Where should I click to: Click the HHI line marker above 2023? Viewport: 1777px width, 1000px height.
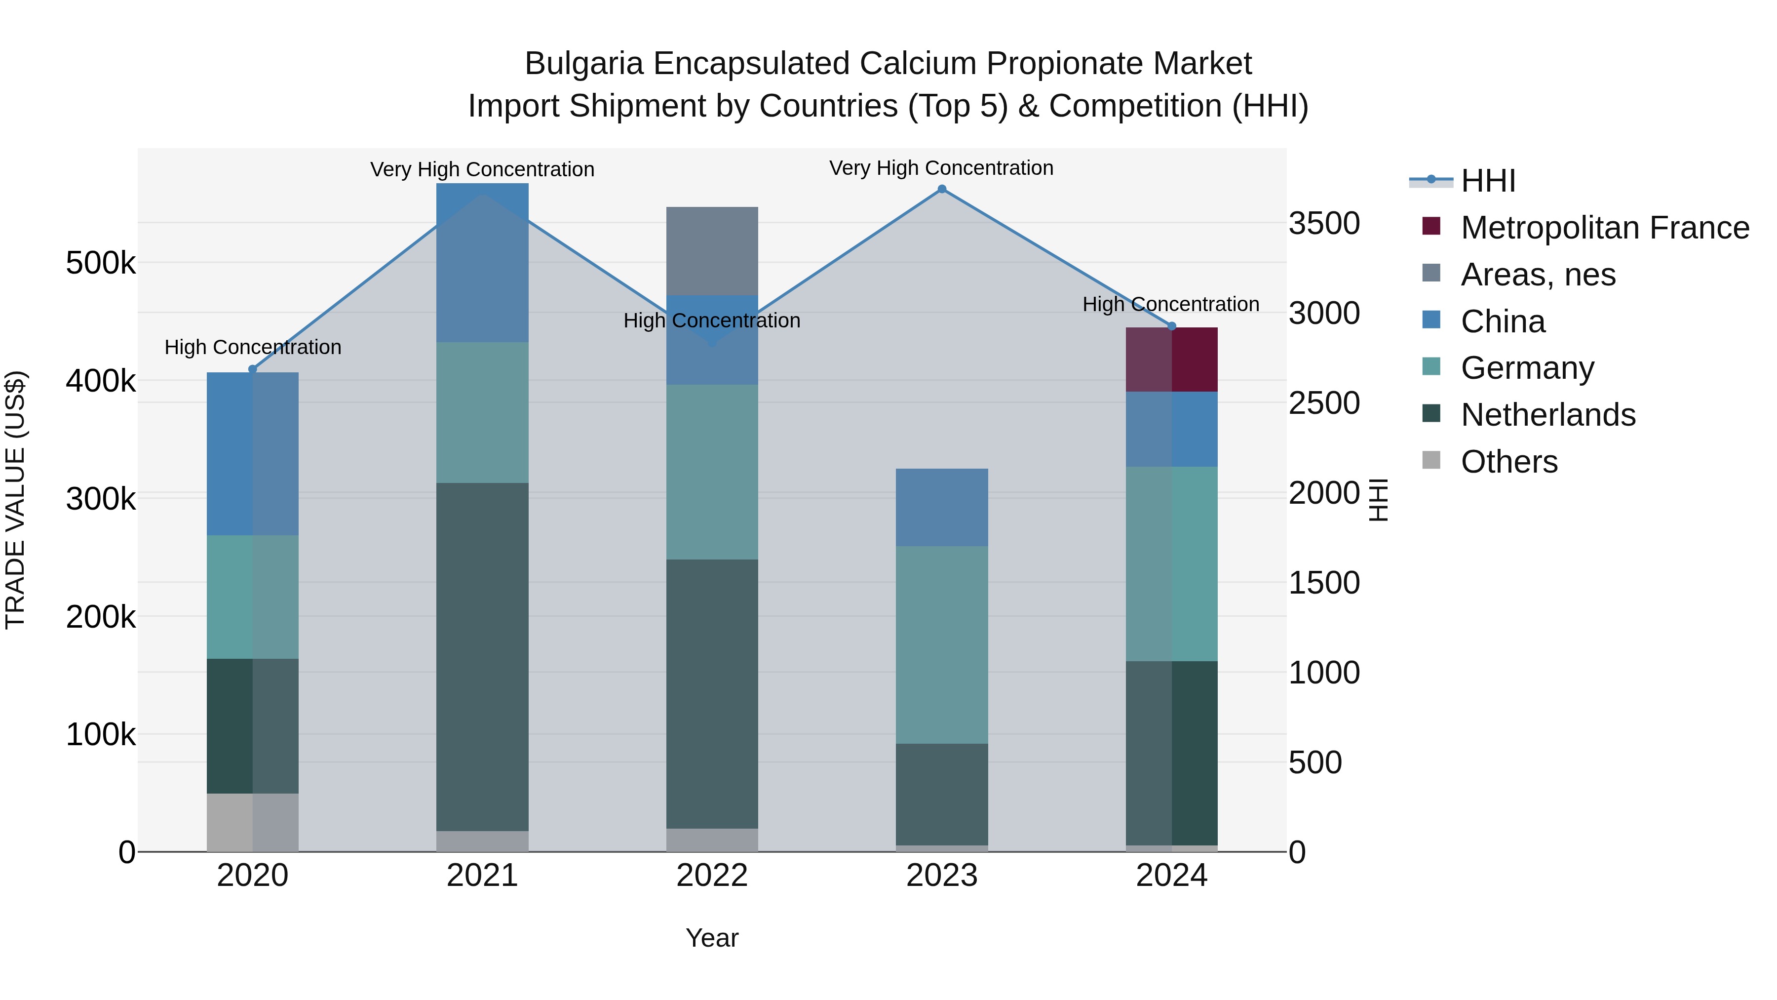pos(942,189)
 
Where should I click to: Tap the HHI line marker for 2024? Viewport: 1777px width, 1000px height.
pos(1171,326)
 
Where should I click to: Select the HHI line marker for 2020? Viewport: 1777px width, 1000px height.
pos(252,369)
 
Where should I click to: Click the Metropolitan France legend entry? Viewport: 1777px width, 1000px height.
pos(1604,228)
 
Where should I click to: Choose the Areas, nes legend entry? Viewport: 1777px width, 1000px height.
pos(1538,275)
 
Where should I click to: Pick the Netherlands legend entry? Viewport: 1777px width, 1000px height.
pos(1547,415)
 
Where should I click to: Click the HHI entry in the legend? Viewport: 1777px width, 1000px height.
pos(1487,181)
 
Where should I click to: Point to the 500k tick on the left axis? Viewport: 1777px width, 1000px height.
pos(101,263)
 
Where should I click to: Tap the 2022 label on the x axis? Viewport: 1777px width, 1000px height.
pos(712,876)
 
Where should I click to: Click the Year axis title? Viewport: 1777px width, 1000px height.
pos(712,938)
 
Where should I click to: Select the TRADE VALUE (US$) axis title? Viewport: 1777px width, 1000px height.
pos(15,500)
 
